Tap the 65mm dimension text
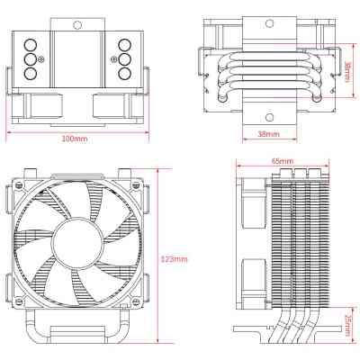281,161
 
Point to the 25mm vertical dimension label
347,325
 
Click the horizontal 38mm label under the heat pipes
268,134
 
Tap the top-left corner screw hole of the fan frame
24,191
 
